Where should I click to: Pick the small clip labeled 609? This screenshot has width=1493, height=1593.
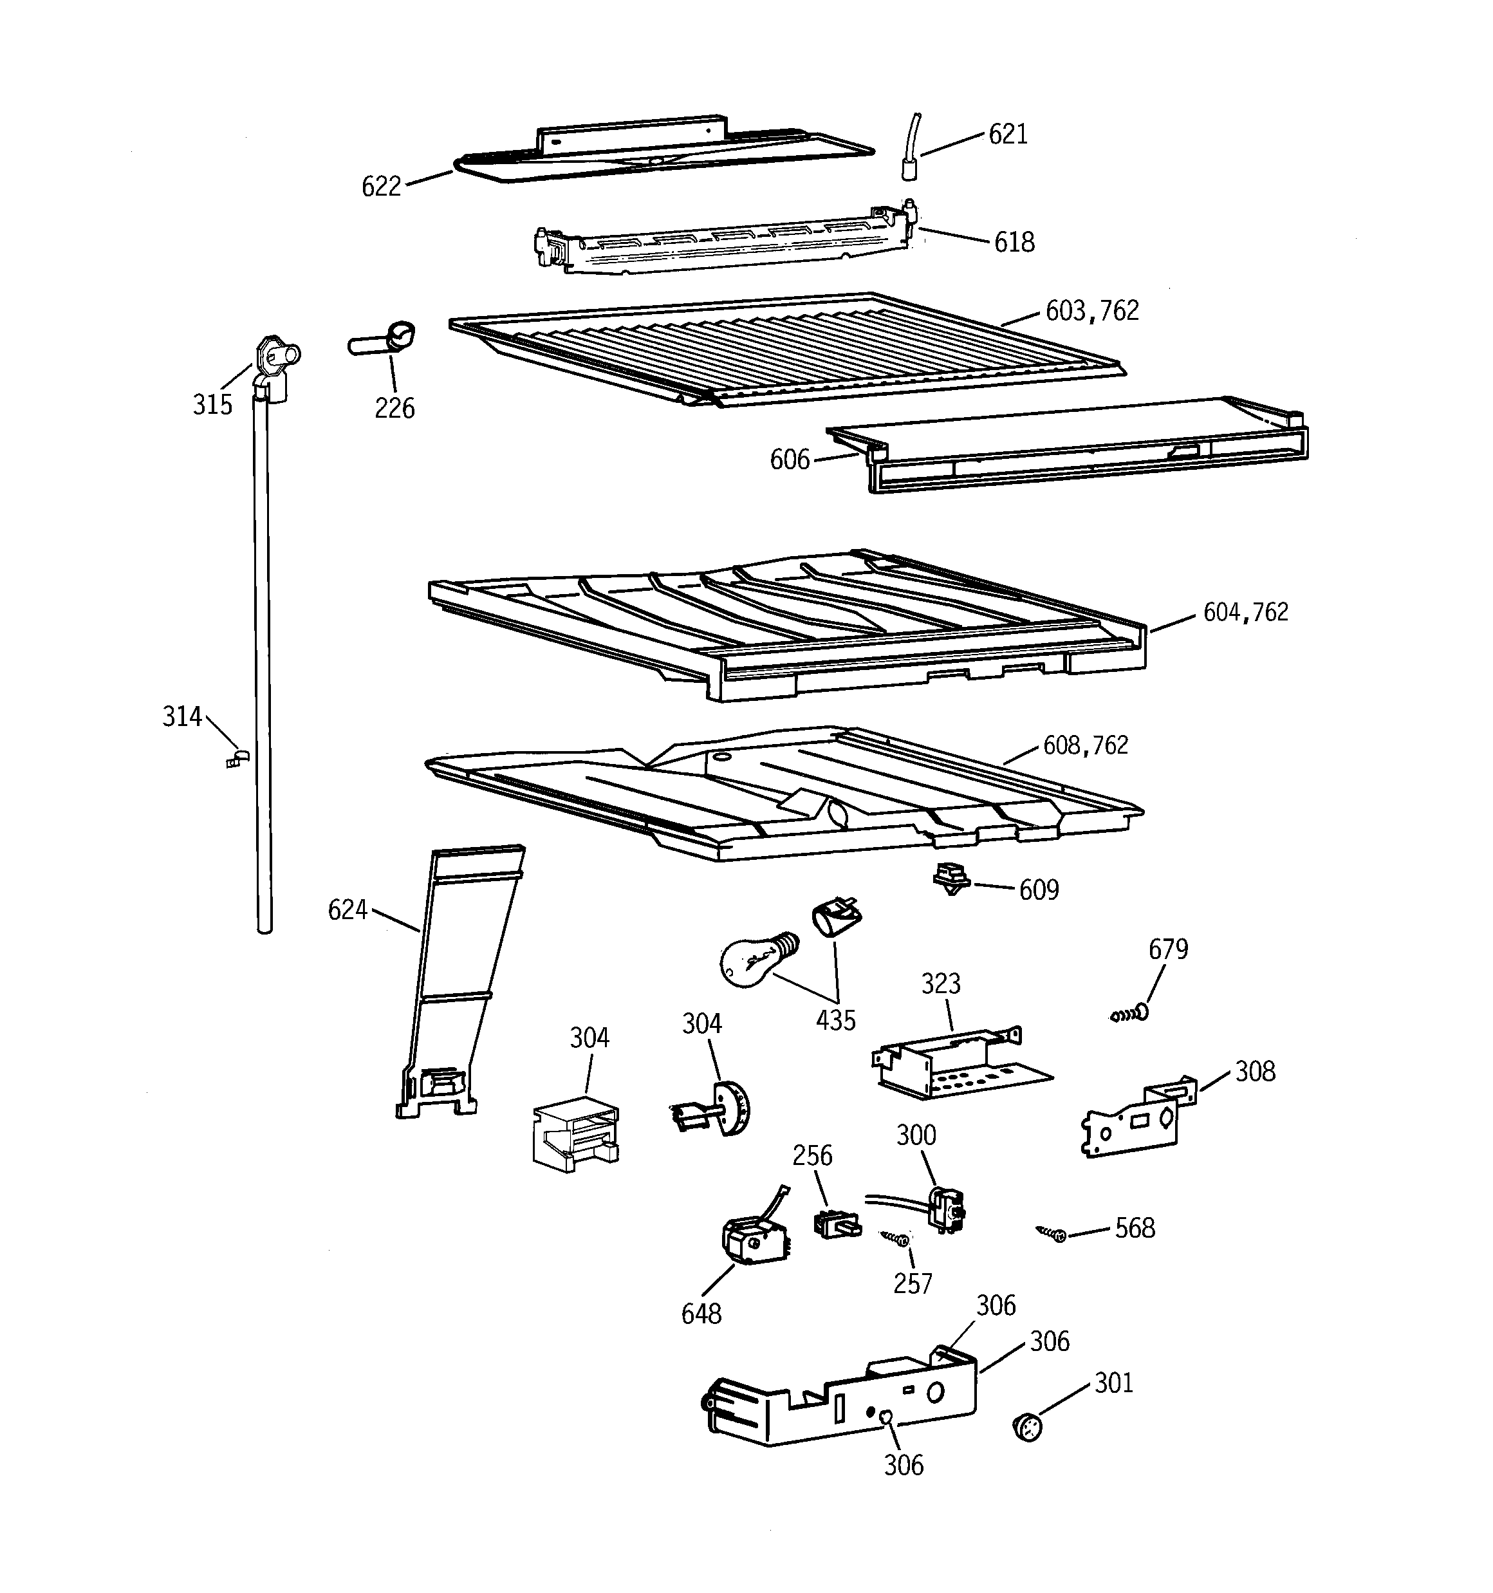(x=952, y=878)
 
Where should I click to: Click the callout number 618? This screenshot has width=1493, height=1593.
(x=1014, y=242)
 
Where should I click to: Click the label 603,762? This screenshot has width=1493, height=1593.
(x=1091, y=311)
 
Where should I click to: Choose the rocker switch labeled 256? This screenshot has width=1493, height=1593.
(x=836, y=1224)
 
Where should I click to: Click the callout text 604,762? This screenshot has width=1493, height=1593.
(x=1245, y=612)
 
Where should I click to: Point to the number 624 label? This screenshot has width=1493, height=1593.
(x=347, y=909)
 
